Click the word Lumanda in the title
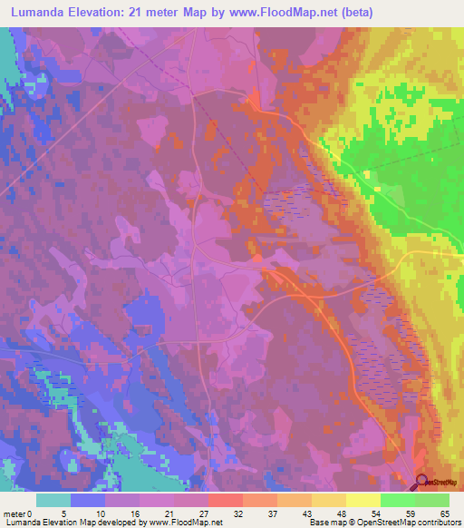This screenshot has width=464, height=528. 42,12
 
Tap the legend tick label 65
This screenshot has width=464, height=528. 444,513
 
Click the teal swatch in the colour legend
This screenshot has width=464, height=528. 53,500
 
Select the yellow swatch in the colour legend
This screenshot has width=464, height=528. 363,500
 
